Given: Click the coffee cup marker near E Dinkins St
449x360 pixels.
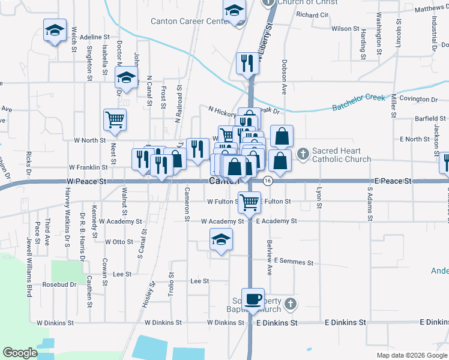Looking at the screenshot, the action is (x=253, y=299).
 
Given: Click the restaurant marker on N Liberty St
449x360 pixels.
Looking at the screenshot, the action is (x=247, y=62).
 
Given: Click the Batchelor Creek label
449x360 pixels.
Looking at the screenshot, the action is (x=358, y=103).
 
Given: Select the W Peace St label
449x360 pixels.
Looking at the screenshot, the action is (x=86, y=181).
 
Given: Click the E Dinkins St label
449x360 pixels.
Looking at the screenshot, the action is (x=277, y=323).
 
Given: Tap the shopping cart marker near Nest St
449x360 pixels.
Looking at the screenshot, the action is (x=115, y=119).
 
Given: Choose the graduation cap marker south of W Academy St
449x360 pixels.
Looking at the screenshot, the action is (x=221, y=241).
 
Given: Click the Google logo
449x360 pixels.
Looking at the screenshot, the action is (x=20, y=353).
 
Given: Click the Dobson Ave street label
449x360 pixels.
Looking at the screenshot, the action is (x=284, y=76).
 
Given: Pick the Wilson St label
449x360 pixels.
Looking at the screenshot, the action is (x=345, y=28).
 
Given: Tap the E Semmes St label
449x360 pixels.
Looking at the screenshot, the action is (x=294, y=262).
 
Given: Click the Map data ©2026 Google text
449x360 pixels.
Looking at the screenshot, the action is (x=411, y=355).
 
